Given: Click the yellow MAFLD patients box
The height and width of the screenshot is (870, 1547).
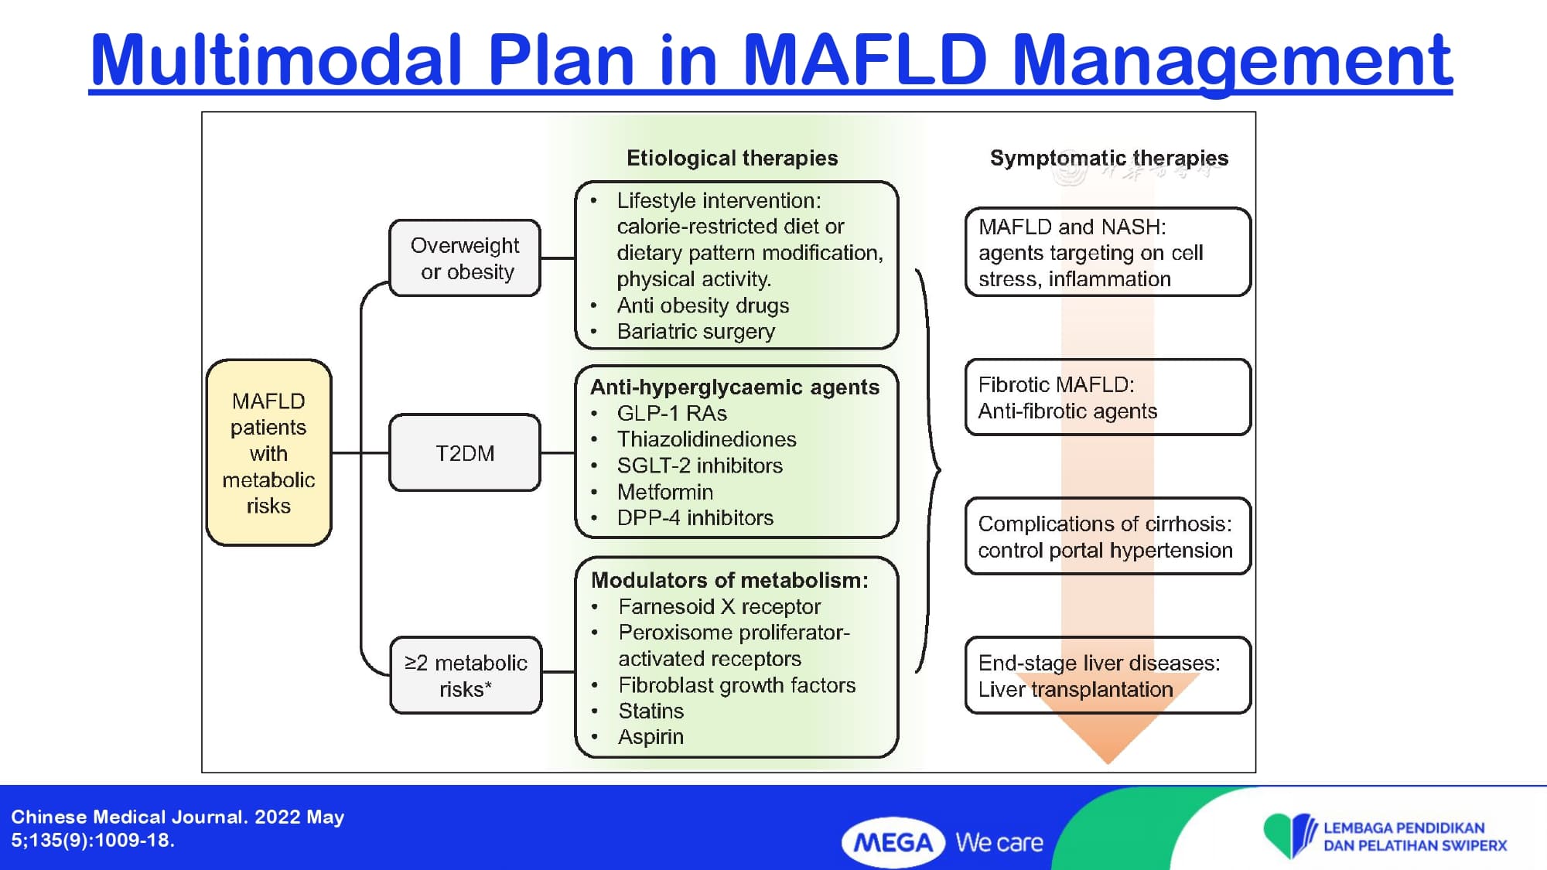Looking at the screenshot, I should pyautogui.click(x=268, y=452).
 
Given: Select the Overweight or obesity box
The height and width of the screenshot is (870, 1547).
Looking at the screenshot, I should pyautogui.click(x=465, y=258).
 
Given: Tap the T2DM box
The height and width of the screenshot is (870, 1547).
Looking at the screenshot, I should pyautogui.click(x=465, y=453).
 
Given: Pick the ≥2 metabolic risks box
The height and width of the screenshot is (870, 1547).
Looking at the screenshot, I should pyautogui.click(x=466, y=675).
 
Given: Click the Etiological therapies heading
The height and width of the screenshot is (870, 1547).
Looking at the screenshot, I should pyautogui.click(x=732, y=159).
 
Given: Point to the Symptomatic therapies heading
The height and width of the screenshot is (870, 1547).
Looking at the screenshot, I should pyautogui.click(x=1108, y=159).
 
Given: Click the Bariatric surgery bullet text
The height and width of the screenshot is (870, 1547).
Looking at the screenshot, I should pyautogui.click(x=695, y=332).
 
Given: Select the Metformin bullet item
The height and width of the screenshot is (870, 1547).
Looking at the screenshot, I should pyautogui.click(x=664, y=492).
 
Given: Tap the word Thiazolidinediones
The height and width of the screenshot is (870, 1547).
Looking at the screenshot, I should pyautogui.click(x=706, y=439).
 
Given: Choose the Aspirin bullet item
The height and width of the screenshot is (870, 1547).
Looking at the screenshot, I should pyautogui.click(x=651, y=737).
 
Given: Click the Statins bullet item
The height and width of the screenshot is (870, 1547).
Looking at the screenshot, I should pyautogui.click(x=651, y=711).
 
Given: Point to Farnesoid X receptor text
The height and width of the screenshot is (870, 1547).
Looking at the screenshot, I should pyautogui.click(x=719, y=606).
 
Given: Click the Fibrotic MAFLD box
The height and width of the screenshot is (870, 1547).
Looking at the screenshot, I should pyautogui.click(x=1107, y=397).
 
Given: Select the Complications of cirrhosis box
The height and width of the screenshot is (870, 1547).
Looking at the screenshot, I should pyautogui.click(x=1107, y=537).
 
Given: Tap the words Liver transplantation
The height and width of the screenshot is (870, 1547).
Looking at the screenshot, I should pyautogui.click(x=1075, y=689).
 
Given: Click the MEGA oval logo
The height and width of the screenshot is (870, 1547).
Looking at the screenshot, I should pyautogui.click(x=893, y=842).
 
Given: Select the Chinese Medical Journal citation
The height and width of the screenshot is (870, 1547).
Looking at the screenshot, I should pyautogui.click(x=177, y=828).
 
